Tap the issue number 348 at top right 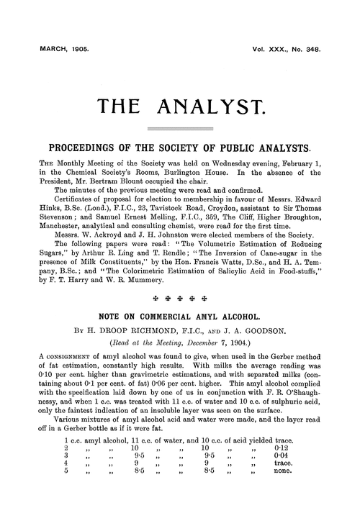tap(311, 52)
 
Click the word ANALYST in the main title tap(216, 109)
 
